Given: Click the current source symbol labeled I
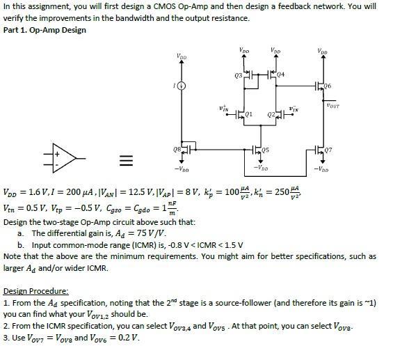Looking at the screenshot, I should [182, 86].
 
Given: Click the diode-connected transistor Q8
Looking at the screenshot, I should [184, 148].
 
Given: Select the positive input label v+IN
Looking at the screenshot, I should [223, 109].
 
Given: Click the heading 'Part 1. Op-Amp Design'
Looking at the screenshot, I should [45, 30].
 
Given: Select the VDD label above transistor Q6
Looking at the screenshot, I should [321, 51].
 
